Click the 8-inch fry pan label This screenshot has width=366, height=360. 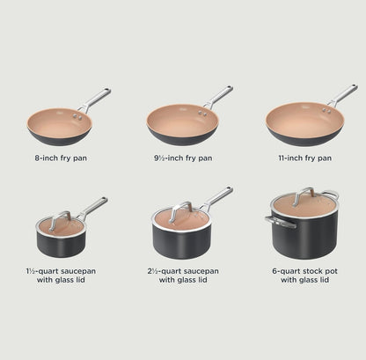(61, 158)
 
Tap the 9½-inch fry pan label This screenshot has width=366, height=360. (183, 158)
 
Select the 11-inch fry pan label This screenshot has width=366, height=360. (305, 158)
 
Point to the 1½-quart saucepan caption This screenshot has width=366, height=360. (61, 276)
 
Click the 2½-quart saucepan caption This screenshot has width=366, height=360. (183, 276)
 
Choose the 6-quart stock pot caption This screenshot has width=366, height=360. (305, 276)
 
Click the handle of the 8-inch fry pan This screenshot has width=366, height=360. (95, 99)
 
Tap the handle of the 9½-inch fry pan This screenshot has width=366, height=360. (219, 97)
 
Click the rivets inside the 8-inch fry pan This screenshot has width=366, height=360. (77, 116)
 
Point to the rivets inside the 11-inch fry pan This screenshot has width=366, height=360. (326, 110)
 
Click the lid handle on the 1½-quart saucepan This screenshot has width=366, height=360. (60, 218)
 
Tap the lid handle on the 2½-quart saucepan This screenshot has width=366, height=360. (183, 208)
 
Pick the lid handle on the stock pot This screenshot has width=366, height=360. (305, 193)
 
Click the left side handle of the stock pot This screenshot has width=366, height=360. (280, 222)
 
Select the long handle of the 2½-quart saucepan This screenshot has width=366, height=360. (217, 197)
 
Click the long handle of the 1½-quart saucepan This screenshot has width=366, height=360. (93, 208)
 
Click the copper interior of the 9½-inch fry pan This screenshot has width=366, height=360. (182, 121)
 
